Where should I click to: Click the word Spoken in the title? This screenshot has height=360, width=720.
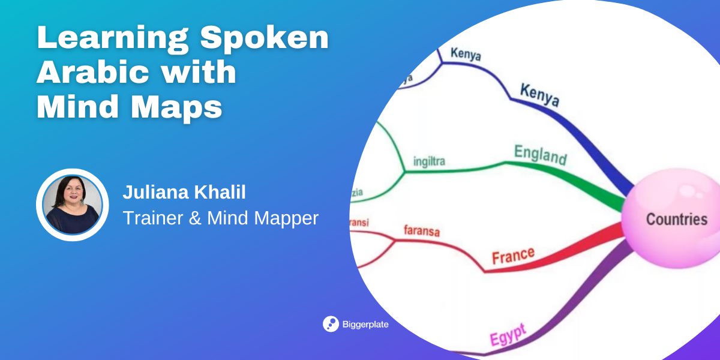265,39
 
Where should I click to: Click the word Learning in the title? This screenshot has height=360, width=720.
111,39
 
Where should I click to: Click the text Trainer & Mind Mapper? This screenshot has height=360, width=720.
220,218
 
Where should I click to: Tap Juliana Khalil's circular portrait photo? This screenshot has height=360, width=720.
72,205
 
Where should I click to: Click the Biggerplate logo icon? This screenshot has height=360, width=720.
331,324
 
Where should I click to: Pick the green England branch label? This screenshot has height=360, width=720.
540,155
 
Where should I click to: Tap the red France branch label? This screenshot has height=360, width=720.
513,256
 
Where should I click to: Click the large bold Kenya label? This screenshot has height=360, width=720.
539,95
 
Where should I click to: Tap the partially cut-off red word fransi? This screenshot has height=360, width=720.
360,223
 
